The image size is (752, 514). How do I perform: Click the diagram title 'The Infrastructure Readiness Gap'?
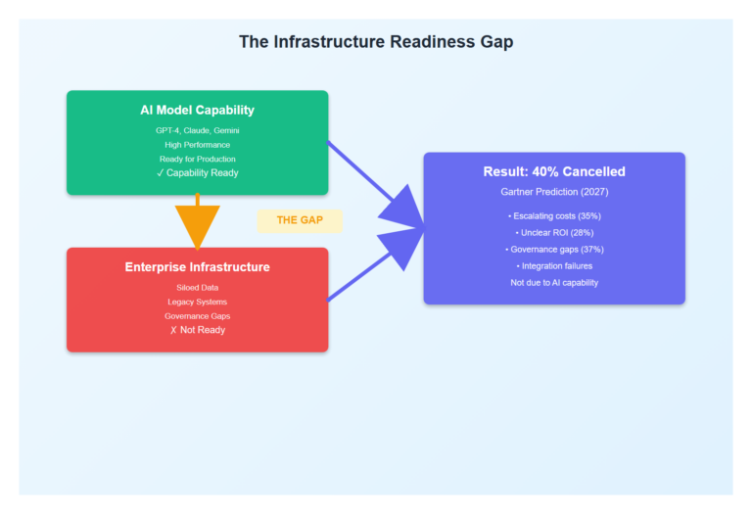coord(376,42)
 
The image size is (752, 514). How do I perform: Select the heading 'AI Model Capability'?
coord(197,111)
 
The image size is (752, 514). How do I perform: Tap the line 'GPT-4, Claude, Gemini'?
coord(197,130)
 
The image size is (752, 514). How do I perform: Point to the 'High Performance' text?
coord(197,145)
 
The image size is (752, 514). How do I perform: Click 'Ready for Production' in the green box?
coord(197,159)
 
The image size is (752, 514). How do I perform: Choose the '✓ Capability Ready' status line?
coord(197,173)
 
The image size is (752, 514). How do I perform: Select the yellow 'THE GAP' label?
coord(300,220)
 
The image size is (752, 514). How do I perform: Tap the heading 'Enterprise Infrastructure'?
coord(197,267)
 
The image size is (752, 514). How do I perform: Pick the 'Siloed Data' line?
coord(197,288)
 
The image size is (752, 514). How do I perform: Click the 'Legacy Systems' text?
coord(197,302)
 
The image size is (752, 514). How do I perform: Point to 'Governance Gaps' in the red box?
coord(197,316)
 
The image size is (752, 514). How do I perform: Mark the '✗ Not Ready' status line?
coord(197,330)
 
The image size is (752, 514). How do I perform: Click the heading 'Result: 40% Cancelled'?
coord(554,172)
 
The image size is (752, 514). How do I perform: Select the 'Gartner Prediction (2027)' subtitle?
coord(554,192)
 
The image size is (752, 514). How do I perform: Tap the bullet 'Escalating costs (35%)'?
coord(554,215)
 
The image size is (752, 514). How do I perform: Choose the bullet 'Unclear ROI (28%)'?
coord(554,232)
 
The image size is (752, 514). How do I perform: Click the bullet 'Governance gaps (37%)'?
coord(554,249)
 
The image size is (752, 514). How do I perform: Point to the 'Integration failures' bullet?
coord(554,265)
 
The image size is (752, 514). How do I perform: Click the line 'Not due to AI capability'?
coord(554,282)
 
